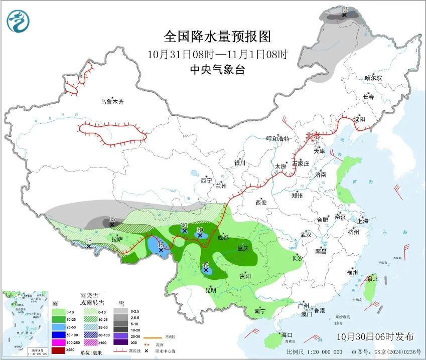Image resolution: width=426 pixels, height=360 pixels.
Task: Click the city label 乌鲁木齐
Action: [x=111, y=102]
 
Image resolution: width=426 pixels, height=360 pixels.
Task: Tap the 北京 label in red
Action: [x=313, y=135]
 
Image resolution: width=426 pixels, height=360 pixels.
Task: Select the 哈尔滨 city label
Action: [x=373, y=78]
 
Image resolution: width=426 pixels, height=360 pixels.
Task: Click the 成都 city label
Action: [x=223, y=237]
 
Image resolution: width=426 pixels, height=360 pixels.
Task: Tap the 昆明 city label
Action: [x=210, y=290]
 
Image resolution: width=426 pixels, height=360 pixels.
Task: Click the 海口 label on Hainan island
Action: [x=287, y=334]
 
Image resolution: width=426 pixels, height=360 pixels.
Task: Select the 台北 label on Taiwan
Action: [x=372, y=279]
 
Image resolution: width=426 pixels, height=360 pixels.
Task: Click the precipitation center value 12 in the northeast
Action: [x=344, y=10]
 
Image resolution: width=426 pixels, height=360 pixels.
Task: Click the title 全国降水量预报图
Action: [x=217, y=37]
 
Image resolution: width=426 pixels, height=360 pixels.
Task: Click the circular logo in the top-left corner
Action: [x=19, y=21]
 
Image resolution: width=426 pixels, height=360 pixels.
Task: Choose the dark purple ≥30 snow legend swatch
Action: [x=120, y=342]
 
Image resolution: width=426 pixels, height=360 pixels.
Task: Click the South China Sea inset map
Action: [x=25, y=320]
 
